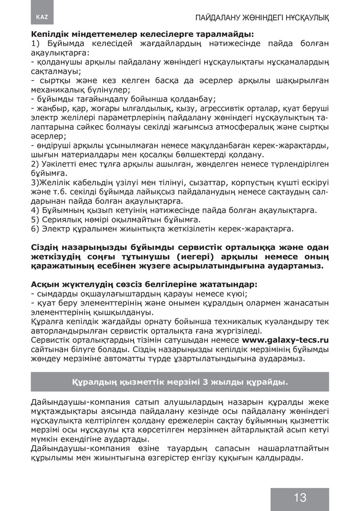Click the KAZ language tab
[42, 16]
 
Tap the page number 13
[300, 497]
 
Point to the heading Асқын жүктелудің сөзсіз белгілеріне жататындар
[144, 284]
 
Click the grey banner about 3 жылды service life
[180, 382]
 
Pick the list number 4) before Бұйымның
[35, 210]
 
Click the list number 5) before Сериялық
[35, 219]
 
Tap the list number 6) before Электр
[35, 228]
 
